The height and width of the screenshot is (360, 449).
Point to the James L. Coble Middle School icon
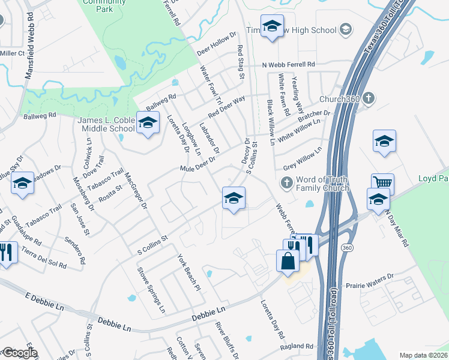point(147,124)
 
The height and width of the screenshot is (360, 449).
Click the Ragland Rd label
point(297,346)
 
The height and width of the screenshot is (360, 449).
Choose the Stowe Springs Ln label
point(152,292)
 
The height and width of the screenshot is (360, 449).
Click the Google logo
point(20,352)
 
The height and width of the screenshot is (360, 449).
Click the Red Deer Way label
point(226,107)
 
